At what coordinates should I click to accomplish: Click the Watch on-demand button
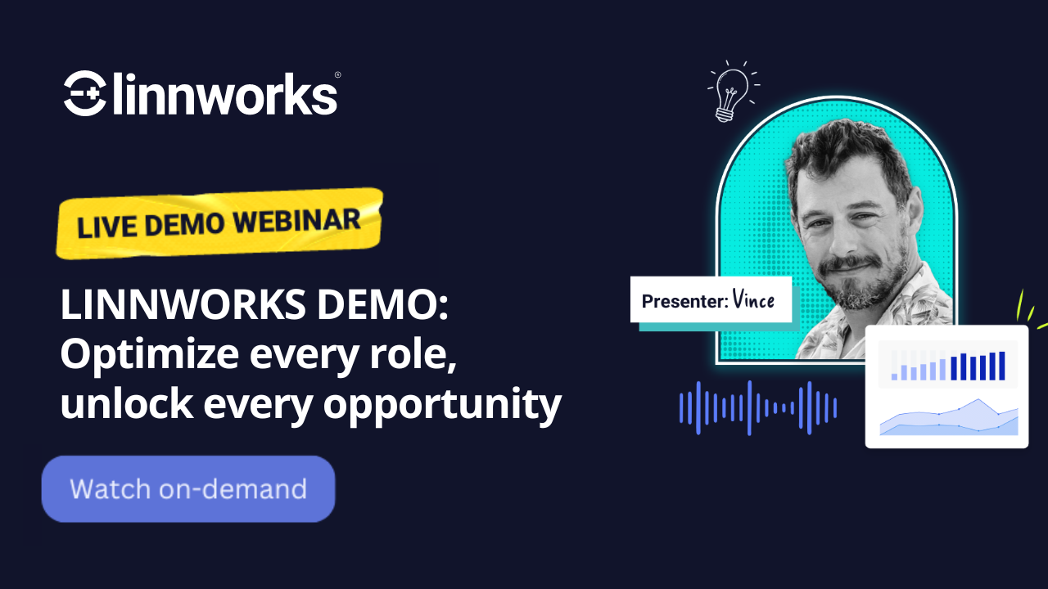[x=188, y=489]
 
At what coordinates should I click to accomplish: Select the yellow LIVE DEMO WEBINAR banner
[x=219, y=223]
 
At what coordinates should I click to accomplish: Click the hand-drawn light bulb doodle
[x=731, y=91]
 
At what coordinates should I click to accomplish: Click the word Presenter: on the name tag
[x=684, y=301]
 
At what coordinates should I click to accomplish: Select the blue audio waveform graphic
[x=757, y=407]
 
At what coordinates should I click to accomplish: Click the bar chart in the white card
[x=947, y=366]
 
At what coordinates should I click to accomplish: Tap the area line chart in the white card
[x=948, y=417]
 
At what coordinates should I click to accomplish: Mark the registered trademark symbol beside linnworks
[x=337, y=75]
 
